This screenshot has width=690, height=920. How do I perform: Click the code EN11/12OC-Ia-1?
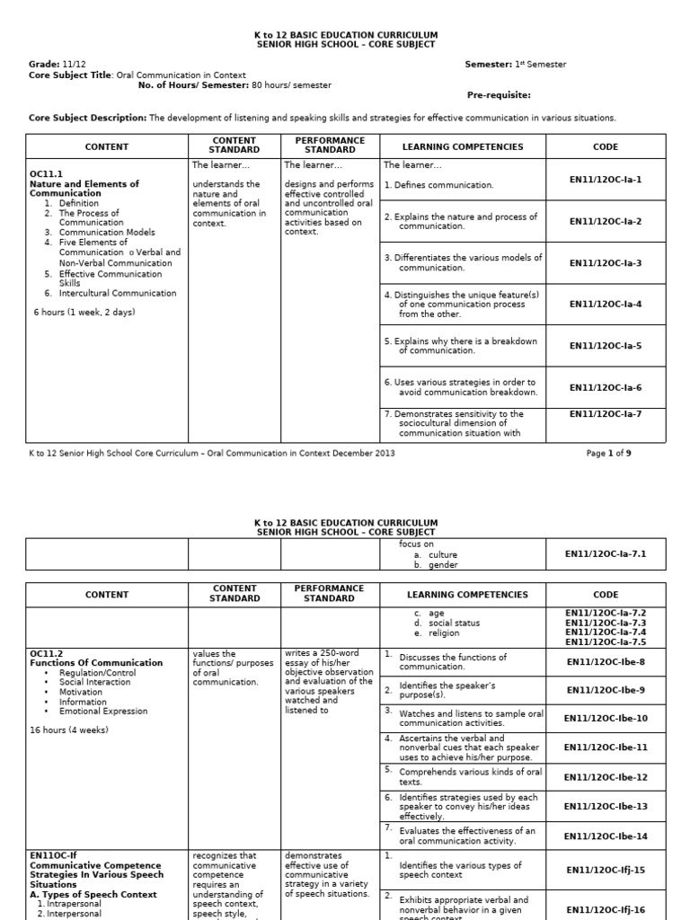606,180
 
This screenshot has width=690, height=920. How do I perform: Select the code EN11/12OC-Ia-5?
606,346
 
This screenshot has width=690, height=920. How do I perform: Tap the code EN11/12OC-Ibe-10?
606,718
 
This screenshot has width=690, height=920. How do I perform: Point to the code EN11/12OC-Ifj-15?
606,870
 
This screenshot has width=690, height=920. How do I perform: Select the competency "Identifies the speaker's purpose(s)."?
447,690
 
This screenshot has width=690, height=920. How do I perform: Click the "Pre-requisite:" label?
499,95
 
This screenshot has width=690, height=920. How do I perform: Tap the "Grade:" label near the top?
44,65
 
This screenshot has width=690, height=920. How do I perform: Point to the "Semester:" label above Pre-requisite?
489,65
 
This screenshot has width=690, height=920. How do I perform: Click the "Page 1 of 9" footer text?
608,454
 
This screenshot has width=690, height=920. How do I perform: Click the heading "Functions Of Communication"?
96,663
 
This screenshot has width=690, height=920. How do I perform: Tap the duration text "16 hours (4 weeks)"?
69,730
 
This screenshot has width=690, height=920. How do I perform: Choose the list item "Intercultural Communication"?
118,293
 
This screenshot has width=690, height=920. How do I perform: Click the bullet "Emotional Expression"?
103,712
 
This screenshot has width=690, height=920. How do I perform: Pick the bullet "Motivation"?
81,692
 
